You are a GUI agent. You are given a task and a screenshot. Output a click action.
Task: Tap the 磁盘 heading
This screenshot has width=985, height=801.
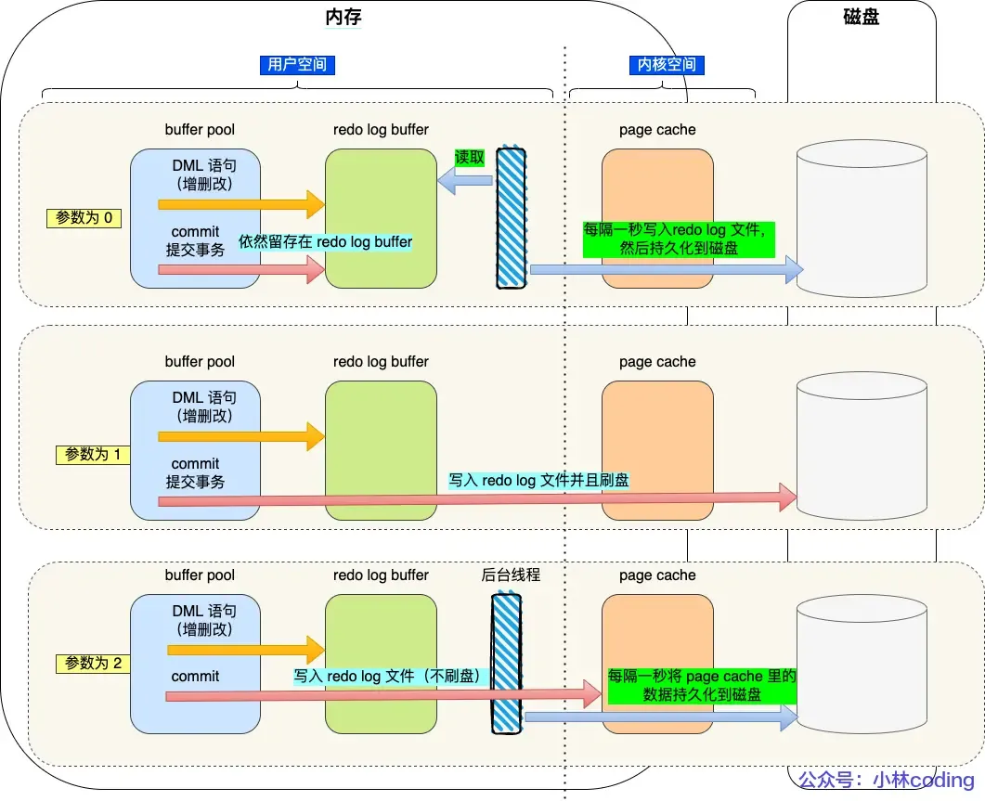click(x=861, y=18)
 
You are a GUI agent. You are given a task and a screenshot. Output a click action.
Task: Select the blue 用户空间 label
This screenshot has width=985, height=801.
click(x=296, y=65)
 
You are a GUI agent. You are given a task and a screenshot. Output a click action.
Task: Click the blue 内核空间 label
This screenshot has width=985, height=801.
click(x=666, y=65)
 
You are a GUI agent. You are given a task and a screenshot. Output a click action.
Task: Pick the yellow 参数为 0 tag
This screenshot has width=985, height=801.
click(x=84, y=218)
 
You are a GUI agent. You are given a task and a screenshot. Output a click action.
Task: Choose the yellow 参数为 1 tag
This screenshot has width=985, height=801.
click(x=93, y=455)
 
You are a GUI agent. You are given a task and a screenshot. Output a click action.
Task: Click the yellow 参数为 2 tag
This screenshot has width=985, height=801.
click(x=93, y=664)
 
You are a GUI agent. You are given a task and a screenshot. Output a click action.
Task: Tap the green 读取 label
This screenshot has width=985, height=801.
click(x=469, y=158)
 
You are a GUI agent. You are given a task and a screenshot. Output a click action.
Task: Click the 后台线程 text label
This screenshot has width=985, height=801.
click(x=511, y=575)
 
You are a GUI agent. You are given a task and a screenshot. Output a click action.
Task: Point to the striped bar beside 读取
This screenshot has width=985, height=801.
click(x=511, y=217)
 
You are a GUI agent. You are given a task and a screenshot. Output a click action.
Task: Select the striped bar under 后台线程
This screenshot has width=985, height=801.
click(x=506, y=664)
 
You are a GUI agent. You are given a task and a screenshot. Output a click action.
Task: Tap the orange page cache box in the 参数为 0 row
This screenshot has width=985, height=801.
click(x=657, y=219)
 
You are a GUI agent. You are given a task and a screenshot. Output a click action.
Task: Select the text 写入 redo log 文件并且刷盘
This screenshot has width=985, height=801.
click(x=538, y=481)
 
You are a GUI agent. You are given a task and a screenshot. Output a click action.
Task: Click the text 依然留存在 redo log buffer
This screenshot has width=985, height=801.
click(x=325, y=242)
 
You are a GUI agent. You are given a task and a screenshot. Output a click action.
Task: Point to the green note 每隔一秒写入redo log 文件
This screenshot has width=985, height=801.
click(x=678, y=239)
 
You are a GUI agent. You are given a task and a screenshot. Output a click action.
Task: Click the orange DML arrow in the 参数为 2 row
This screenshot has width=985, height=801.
click(x=240, y=650)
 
